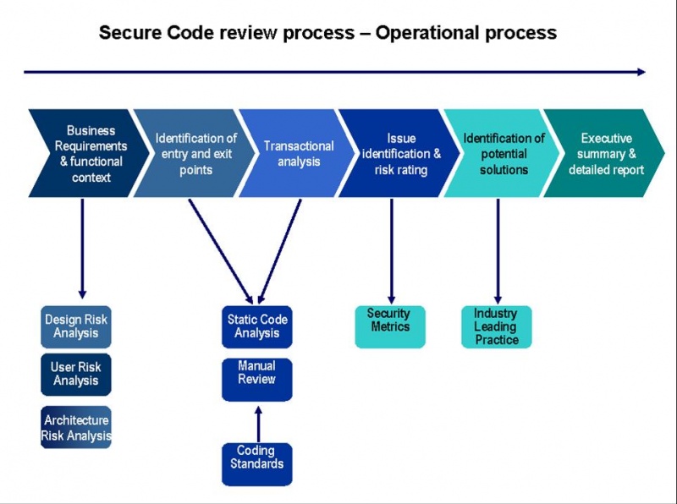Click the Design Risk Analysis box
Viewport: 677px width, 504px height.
[76, 327]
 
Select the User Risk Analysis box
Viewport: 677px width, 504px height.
[76, 375]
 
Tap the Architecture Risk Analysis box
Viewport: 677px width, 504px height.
[76, 428]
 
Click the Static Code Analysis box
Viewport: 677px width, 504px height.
[257, 326]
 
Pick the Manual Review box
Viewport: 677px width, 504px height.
[256, 379]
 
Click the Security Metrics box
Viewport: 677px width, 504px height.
[389, 326]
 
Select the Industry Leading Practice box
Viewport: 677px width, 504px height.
[497, 326]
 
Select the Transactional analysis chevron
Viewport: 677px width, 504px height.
[296, 154]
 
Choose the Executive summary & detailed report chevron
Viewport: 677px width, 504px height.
[605, 154]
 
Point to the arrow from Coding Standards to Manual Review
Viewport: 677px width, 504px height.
[257, 423]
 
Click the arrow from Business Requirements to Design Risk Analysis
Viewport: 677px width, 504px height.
[82, 245]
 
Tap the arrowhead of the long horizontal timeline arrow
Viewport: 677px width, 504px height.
[641, 72]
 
